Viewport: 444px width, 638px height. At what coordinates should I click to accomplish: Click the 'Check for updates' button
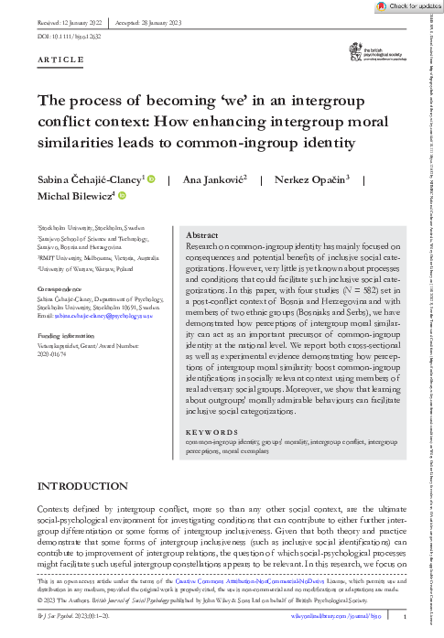coord(406,6)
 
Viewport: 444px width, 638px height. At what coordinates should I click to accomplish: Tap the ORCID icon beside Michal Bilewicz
coord(120,196)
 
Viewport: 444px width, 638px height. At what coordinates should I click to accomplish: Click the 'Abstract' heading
coord(203,234)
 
